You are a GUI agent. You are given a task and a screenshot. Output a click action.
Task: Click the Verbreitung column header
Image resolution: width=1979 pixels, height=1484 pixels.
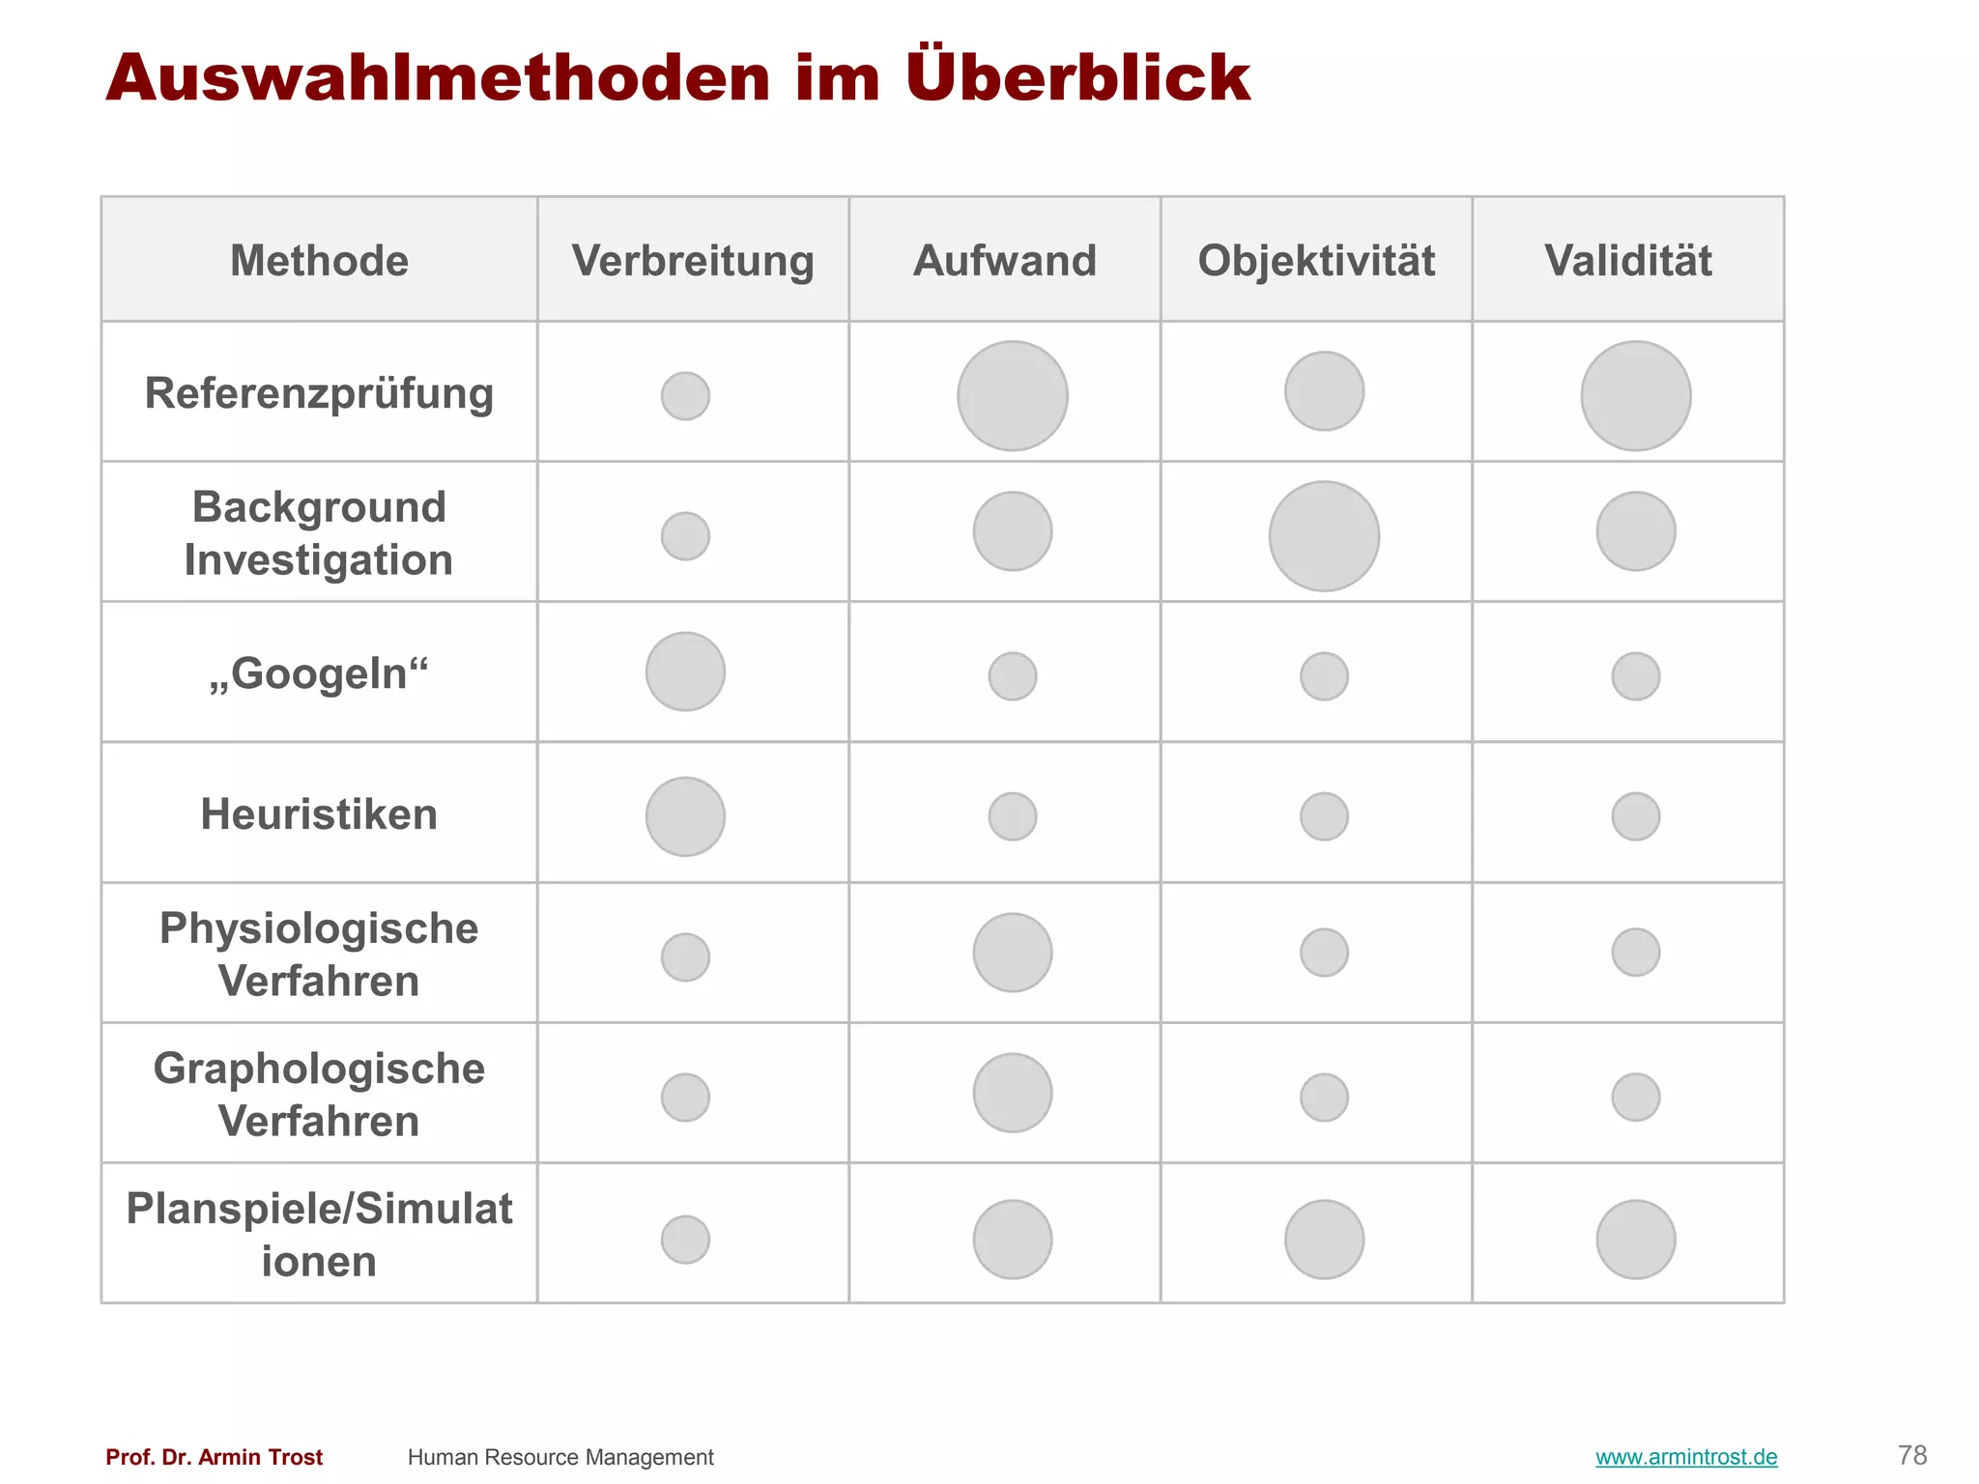pos(693,261)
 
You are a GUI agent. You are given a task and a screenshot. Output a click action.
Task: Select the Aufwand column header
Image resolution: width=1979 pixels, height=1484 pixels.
pos(1005,261)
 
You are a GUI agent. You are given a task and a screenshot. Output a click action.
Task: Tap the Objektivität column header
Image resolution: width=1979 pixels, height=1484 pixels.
pos(1316,261)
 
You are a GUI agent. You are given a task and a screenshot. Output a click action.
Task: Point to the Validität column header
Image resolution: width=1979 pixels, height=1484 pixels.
pos(1628,261)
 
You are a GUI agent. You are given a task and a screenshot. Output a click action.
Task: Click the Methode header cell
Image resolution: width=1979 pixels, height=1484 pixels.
pos(319,261)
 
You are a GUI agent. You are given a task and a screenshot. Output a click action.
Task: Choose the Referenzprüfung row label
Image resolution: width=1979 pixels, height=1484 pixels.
pos(319,393)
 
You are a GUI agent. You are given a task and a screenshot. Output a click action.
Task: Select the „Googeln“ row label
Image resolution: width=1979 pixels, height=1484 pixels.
pos(319,673)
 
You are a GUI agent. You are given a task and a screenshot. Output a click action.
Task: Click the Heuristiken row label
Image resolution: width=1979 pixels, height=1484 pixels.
pos(319,814)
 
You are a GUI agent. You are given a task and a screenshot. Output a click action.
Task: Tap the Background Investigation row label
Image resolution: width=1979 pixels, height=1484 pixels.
pos(319,533)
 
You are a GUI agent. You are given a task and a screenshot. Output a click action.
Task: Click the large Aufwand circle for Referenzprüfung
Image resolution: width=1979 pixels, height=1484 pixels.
pos(1013,396)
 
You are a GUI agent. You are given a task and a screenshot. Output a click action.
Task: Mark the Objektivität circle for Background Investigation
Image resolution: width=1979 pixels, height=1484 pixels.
pos(1324,536)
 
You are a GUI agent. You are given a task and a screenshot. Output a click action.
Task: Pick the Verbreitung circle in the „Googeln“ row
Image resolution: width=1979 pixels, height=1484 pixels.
pos(685,671)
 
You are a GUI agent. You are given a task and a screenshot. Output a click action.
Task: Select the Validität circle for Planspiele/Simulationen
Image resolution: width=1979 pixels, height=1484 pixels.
pos(1636,1240)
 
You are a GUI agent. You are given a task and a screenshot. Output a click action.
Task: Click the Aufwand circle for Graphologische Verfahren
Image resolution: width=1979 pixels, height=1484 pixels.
pos(1013,1093)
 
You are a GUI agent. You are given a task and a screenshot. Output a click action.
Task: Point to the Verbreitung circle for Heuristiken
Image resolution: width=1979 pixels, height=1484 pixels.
pos(685,816)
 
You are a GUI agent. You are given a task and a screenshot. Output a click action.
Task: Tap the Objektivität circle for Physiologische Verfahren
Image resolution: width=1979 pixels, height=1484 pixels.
pos(1324,953)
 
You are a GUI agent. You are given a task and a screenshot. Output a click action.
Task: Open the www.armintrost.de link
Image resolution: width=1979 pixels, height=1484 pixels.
pos(1686,1457)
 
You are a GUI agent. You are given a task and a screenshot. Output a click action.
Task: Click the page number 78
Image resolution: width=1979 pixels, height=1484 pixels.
pos(1912,1455)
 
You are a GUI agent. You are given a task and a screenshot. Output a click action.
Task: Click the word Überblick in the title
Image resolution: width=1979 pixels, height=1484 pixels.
pos(1077,77)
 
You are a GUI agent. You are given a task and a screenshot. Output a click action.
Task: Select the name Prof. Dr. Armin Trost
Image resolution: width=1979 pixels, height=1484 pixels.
pos(215,1457)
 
